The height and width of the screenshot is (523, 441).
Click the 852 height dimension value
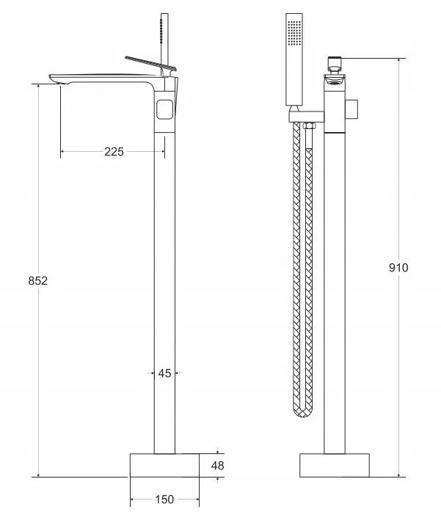coord(37,281)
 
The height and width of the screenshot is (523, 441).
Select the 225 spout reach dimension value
coord(114,152)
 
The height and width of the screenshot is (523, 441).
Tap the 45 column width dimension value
coord(164,373)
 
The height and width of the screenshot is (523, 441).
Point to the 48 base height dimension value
coord(217,466)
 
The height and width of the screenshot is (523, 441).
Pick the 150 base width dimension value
coord(164,500)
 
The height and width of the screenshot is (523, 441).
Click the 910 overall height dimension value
coord(398,268)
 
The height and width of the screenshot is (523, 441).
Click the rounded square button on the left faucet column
coord(165,109)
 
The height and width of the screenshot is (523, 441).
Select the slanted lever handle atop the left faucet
coord(150,63)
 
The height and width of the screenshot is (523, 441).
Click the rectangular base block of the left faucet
coord(164,465)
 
